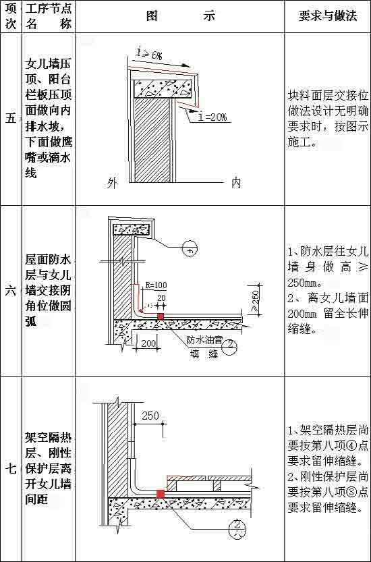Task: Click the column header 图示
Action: (180, 17)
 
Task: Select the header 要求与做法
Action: (328, 17)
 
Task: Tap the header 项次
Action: (10, 17)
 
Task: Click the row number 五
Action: (10, 119)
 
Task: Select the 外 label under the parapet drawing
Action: (113, 182)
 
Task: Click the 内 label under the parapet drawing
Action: (236, 182)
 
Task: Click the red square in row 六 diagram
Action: (161, 314)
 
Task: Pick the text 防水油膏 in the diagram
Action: (203, 339)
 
